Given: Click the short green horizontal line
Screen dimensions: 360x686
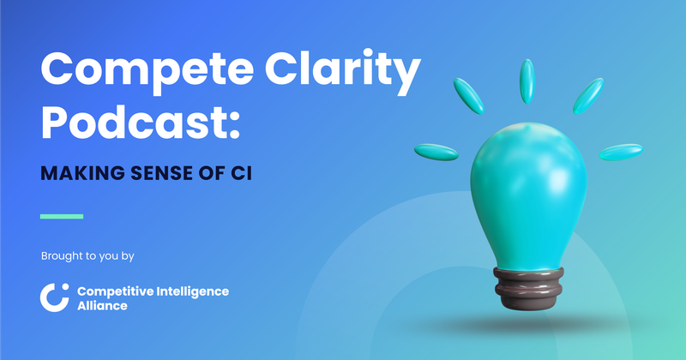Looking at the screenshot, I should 62,216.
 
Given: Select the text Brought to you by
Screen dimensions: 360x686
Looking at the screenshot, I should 87,255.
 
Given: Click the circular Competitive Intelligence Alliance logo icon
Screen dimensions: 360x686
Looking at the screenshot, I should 54,297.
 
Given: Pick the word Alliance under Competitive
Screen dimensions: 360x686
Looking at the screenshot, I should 102,306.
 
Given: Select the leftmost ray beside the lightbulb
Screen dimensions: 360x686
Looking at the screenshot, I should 436,153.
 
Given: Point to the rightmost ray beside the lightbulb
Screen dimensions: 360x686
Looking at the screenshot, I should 620,153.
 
